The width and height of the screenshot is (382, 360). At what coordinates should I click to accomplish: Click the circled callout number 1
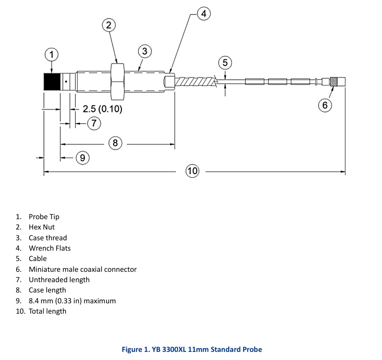(x=51, y=54)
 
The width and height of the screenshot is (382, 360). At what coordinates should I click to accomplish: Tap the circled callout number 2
(x=109, y=25)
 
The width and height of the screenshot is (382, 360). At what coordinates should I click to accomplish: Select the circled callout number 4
(x=204, y=13)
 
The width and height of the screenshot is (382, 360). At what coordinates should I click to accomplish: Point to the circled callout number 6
(x=325, y=105)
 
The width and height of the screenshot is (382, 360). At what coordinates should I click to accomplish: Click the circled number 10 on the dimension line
(x=192, y=171)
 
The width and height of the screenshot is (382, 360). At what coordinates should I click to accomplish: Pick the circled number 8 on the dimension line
(x=115, y=143)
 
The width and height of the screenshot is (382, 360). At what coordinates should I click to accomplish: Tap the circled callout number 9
(x=83, y=158)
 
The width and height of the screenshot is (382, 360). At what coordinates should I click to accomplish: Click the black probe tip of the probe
(x=52, y=82)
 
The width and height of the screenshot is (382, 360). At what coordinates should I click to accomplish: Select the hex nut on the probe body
(x=118, y=82)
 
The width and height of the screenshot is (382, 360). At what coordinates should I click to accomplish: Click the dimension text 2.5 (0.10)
(x=102, y=109)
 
